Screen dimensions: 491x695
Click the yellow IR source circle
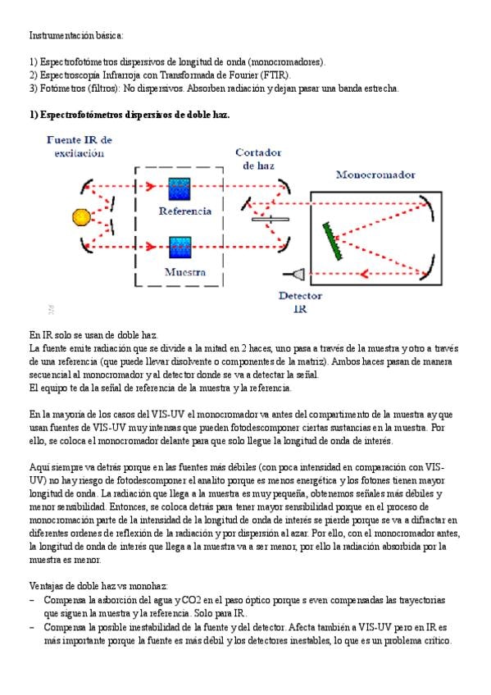tap(81, 217)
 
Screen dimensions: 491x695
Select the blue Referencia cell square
tap(180, 189)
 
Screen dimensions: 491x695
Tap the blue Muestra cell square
tap(180, 248)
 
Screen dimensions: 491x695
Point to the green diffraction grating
tap(332, 241)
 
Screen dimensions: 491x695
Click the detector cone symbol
tap(295, 275)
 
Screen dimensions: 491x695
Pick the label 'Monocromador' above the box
tap(375, 175)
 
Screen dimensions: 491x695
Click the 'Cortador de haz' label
tap(258, 159)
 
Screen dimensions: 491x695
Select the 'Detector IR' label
tap(300, 302)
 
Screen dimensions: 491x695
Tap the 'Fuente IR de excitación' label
tap(80, 146)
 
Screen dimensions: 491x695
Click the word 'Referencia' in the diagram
tap(184, 211)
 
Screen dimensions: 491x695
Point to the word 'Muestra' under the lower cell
tap(185, 272)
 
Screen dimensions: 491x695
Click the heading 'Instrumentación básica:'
tap(76, 35)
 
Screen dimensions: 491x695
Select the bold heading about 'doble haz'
tap(130, 115)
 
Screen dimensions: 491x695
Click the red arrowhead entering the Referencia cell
tap(151, 186)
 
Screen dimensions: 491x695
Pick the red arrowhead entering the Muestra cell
tap(151, 247)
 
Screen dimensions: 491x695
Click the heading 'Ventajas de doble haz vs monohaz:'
tap(98, 586)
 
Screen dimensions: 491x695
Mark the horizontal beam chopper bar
tap(271, 219)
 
